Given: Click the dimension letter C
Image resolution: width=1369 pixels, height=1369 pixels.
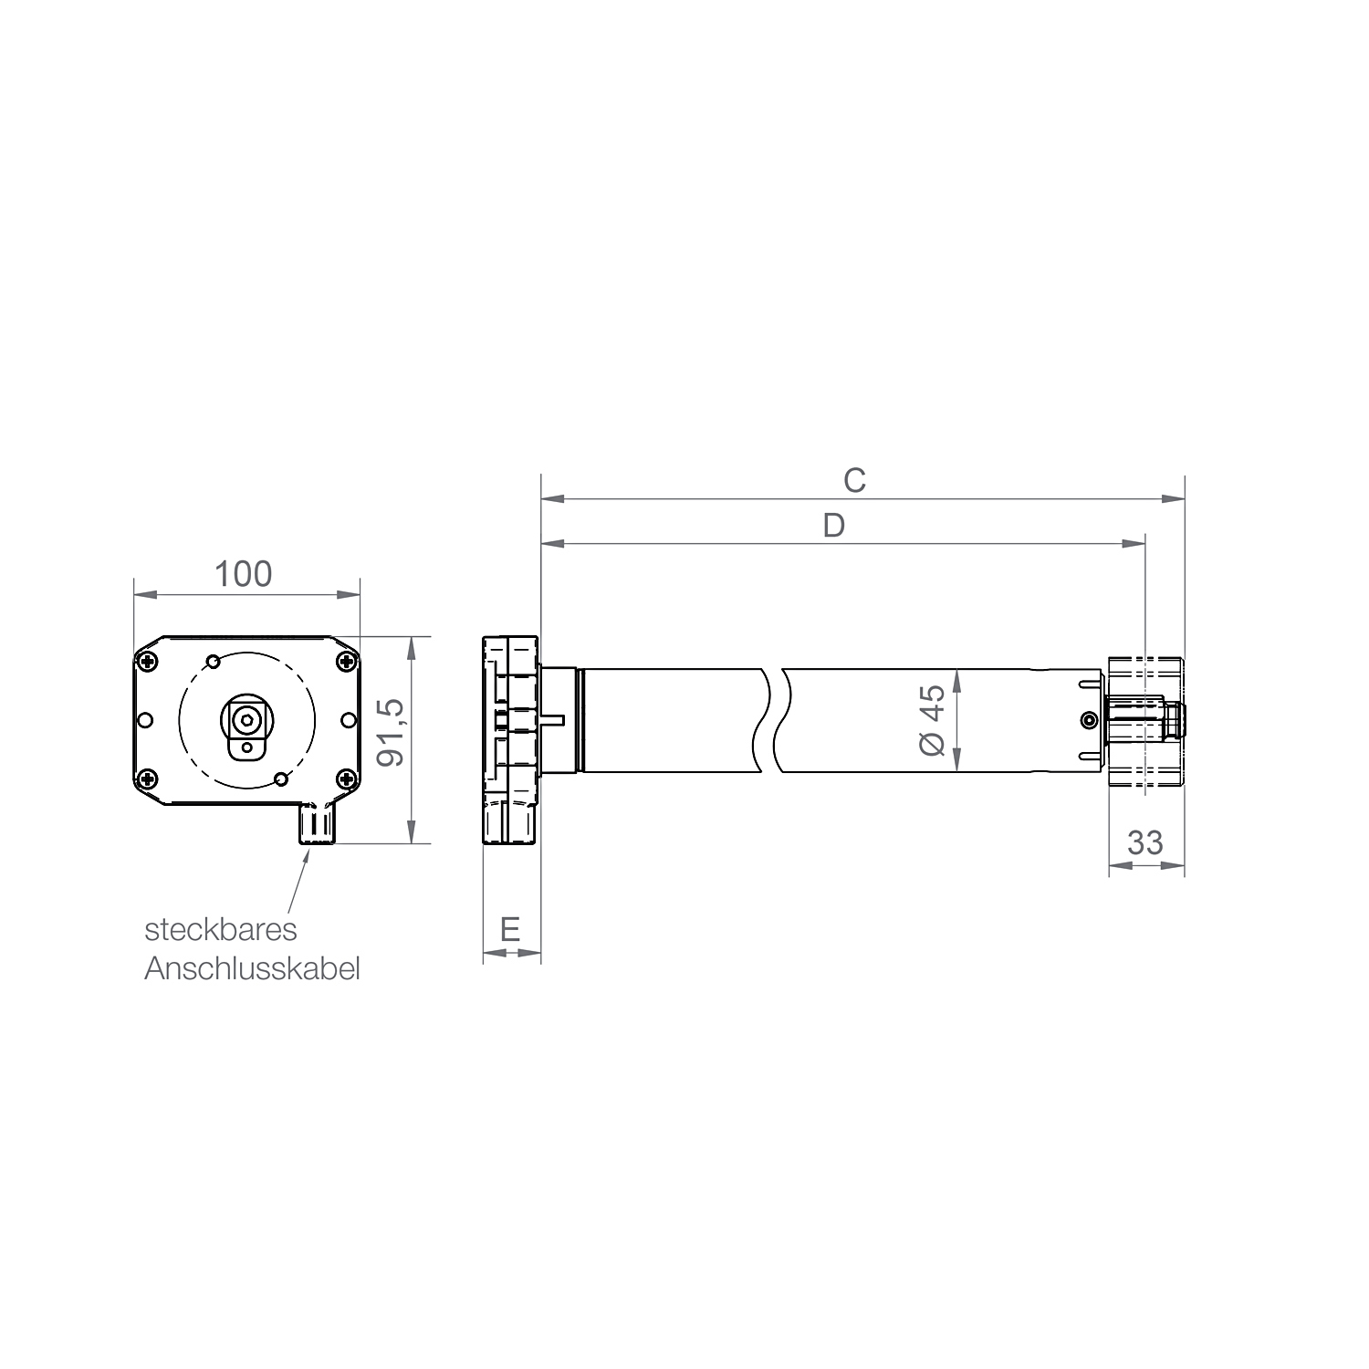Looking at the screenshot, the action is point(854,480).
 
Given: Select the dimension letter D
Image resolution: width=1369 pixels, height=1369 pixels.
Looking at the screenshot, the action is point(833,525).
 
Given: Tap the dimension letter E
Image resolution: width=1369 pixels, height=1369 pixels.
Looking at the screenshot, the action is point(510,929).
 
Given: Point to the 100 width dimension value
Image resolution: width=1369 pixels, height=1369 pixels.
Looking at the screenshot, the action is point(243,574).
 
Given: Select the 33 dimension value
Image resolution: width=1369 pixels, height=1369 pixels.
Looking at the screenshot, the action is point(1145,841).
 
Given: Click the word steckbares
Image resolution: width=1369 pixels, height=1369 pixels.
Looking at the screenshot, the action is point(221,929).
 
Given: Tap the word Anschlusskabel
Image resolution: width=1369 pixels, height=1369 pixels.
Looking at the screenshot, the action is point(252,968).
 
